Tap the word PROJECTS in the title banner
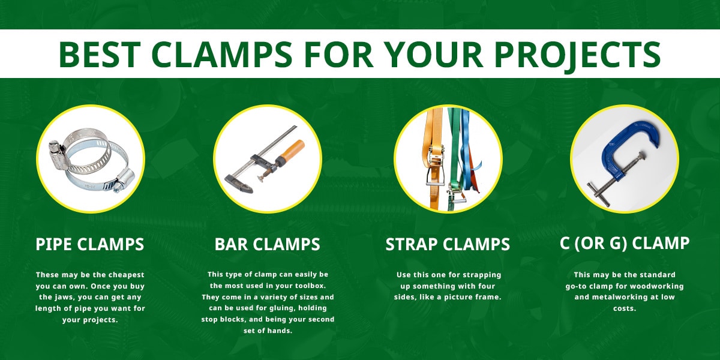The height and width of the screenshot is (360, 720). point(577,55)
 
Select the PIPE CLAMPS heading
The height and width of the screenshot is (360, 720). point(89,244)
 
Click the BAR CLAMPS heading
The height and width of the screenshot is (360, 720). point(267,244)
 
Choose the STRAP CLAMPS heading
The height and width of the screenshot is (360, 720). point(448,244)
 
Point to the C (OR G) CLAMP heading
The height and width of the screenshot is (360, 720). point(625,244)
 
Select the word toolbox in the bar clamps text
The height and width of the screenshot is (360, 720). point(310,286)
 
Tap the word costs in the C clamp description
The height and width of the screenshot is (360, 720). point(625,308)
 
